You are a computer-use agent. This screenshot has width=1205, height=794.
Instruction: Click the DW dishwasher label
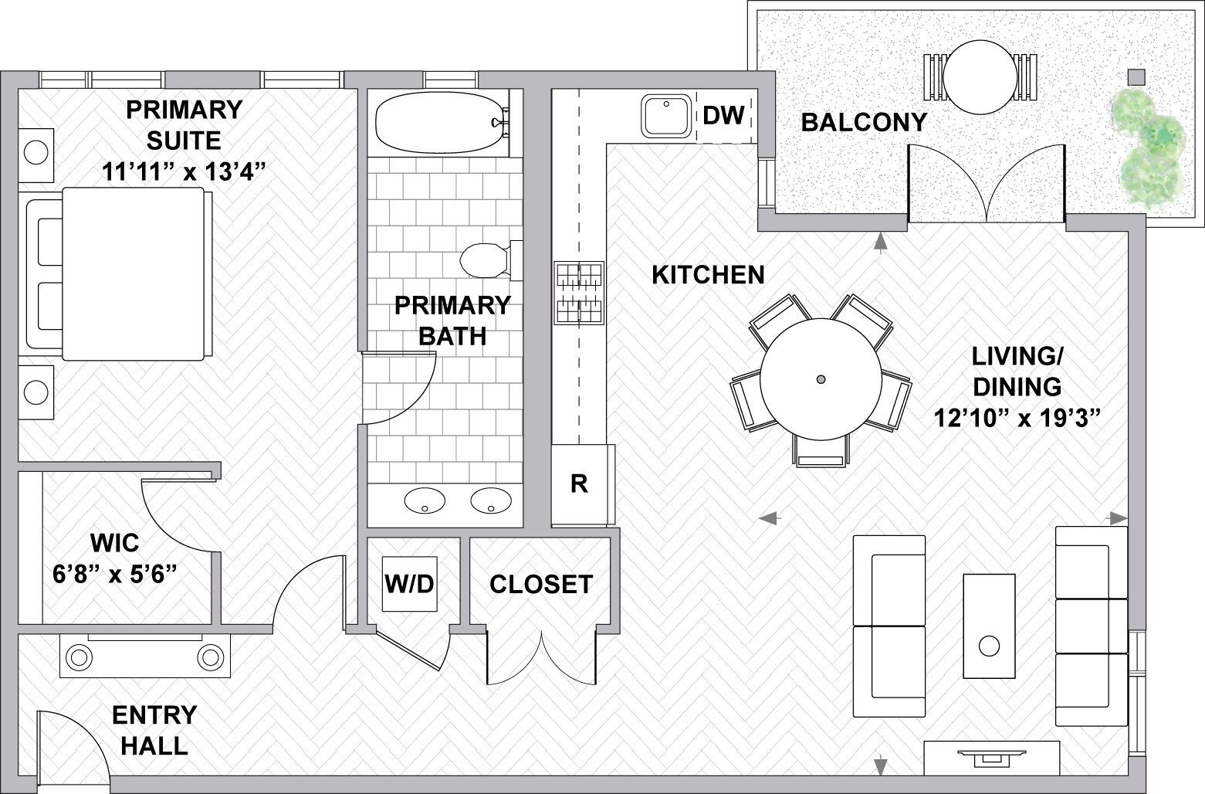point(723,116)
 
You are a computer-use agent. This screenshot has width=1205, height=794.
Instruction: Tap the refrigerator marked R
point(579,484)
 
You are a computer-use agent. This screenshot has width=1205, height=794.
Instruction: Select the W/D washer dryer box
point(410,584)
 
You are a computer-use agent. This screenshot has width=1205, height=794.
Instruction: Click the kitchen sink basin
point(665,116)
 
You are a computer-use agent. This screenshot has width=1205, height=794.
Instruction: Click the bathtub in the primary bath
point(438,123)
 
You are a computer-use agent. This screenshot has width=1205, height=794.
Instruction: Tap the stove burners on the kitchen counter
point(579,292)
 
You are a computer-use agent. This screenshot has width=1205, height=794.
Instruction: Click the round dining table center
point(821,378)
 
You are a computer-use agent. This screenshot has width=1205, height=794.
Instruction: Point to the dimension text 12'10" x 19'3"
point(1016,419)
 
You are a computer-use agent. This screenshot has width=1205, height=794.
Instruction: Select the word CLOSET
point(540,585)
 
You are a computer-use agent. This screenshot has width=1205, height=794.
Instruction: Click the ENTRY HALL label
point(154,730)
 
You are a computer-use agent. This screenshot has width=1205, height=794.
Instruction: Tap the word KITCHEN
point(708,275)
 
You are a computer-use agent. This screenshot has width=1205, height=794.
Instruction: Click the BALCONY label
point(863,122)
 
